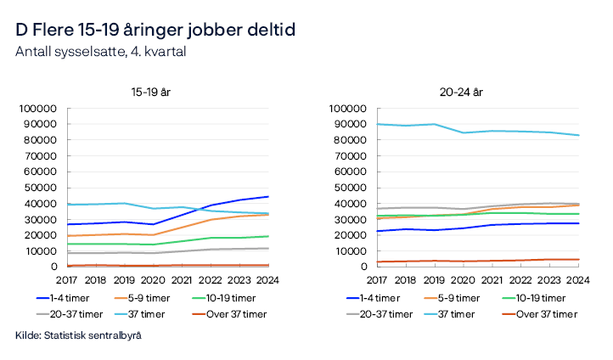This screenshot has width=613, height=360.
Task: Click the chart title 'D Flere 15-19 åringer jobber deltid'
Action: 155,30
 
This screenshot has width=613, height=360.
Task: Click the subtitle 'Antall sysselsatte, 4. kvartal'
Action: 100,52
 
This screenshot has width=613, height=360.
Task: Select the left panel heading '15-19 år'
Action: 150,92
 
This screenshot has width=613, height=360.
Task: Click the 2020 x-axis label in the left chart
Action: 153,279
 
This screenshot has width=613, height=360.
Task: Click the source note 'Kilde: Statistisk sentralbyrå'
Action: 78,336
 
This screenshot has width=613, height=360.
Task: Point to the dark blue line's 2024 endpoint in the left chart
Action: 268,196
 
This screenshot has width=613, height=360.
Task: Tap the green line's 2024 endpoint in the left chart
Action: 268,236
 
